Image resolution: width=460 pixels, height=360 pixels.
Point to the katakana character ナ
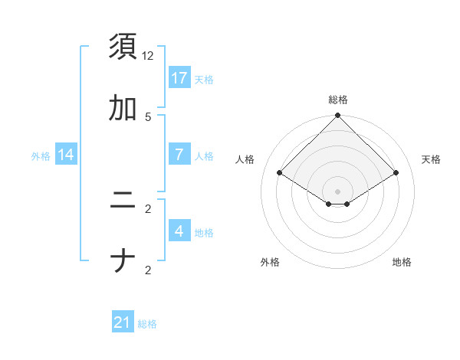point(123,262)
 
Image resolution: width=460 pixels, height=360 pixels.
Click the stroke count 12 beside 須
point(148,56)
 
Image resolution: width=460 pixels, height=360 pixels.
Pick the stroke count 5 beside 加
point(148,116)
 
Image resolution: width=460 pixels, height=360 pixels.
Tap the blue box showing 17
point(179,78)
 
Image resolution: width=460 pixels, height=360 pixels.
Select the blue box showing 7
point(179,155)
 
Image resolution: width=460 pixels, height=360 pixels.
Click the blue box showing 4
point(179,231)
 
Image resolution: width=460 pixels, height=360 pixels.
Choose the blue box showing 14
point(66,155)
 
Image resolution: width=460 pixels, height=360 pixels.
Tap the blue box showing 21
point(123,323)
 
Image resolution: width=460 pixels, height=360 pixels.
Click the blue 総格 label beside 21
point(147,324)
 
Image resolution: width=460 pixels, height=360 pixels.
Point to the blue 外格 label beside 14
point(41,155)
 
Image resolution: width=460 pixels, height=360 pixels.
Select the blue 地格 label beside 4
point(204,232)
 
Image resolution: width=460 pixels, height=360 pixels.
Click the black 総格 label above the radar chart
point(338,100)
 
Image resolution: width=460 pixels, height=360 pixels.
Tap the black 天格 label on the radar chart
point(431,159)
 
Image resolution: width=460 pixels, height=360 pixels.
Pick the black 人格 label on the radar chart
point(245,159)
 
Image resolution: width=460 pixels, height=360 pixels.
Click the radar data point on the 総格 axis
point(338,116)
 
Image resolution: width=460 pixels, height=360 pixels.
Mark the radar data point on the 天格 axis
point(396,173)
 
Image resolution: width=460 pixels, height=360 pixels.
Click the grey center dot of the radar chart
point(338,191)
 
